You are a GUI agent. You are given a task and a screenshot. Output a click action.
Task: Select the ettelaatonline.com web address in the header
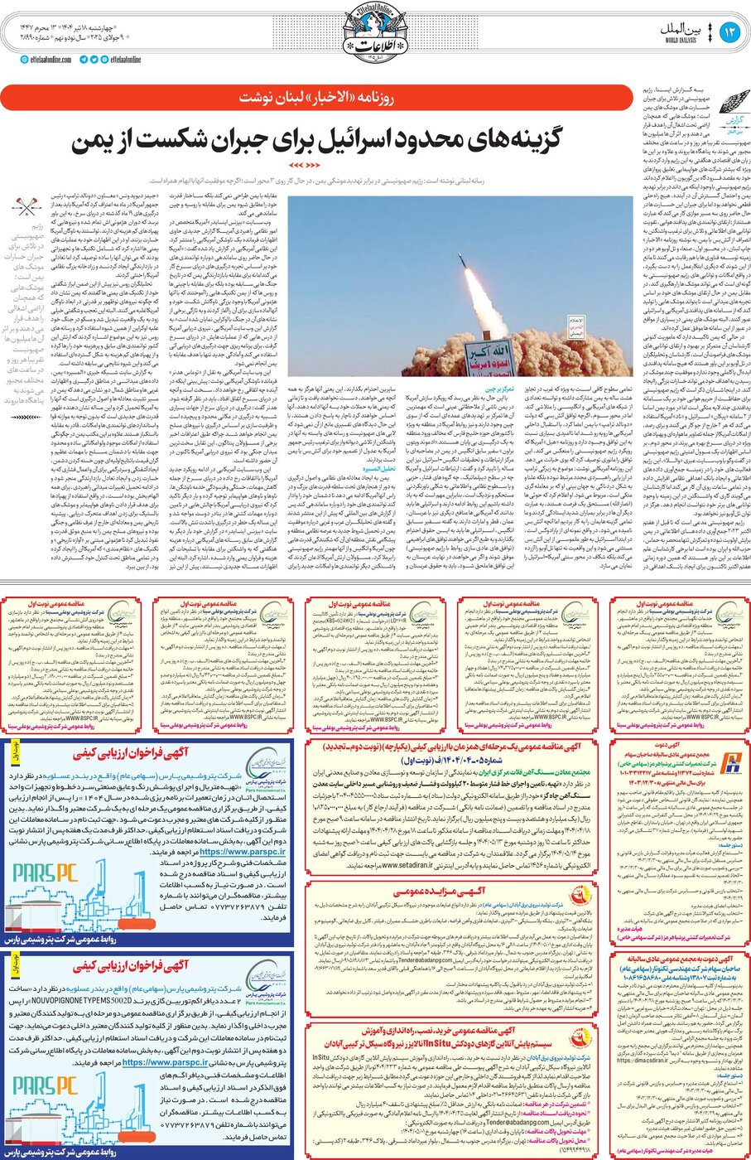pyautogui.click(x=51, y=60)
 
